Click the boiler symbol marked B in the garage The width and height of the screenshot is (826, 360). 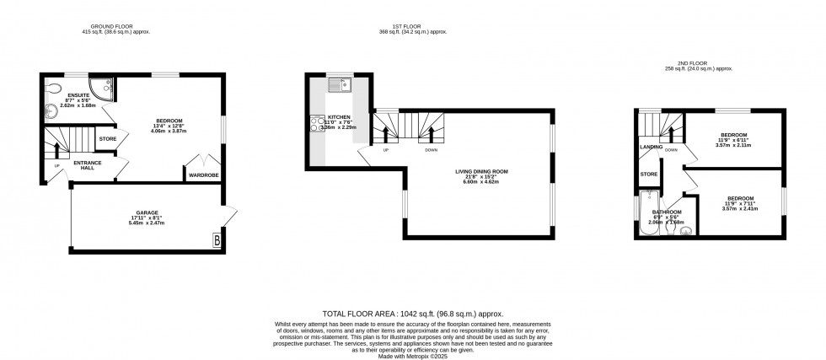(x=218, y=240)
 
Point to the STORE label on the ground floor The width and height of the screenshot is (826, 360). (x=107, y=138)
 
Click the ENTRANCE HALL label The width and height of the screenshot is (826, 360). (x=88, y=164)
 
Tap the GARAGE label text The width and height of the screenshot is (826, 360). (x=148, y=212)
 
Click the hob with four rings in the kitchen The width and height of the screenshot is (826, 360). (x=319, y=125)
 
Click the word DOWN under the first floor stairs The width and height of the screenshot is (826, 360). (x=431, y=150)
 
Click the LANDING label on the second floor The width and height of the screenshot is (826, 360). (x=651, y=147)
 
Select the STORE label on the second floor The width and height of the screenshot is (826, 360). (x=648, y=175)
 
